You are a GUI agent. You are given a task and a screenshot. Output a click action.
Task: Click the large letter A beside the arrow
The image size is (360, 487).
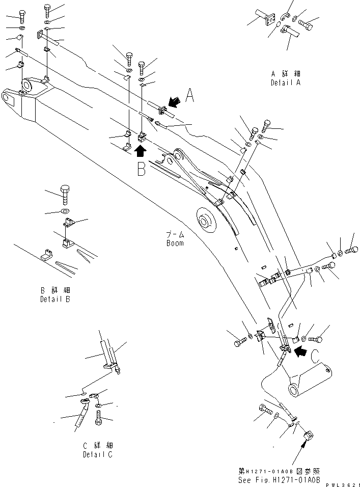coord(189,96)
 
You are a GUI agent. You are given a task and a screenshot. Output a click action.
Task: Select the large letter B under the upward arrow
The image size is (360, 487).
coord(141,169)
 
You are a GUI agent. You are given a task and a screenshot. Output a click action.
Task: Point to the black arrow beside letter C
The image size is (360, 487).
coord(301,350)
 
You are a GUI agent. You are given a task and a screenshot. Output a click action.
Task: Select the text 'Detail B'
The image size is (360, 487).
coord(55,299)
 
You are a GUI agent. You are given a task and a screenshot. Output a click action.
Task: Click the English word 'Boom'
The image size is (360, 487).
coord(175,243)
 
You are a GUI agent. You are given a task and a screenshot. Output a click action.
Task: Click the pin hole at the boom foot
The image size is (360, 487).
coord(294,390)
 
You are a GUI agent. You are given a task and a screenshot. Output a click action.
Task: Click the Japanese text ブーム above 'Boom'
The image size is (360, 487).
coord(175,235)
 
